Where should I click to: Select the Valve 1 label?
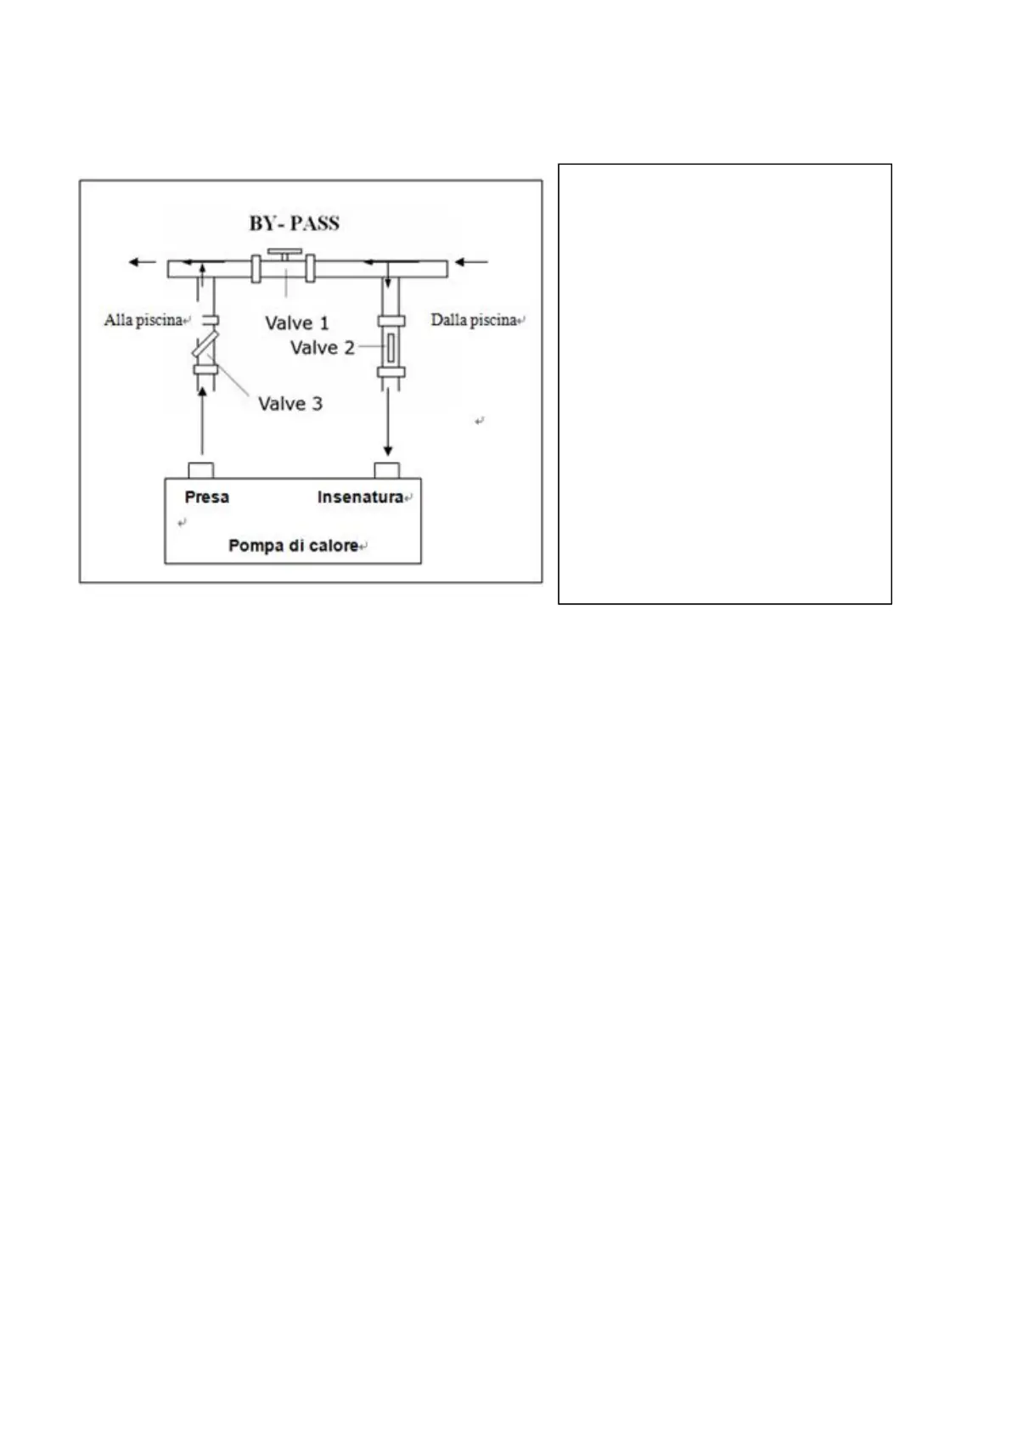[x=296, y=323]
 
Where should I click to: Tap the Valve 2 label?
[x=322, y=348]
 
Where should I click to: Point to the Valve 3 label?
[x=290, y=404]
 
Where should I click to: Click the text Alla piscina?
[x=143, y=321]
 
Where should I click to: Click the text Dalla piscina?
[x=474, y=321]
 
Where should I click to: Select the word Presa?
[x=207, y=497]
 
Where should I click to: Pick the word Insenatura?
[x=360, y=497]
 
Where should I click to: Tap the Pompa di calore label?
[x=293, y=546]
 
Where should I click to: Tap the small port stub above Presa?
[x=201, y=471]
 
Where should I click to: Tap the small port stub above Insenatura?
[x=387, y=471]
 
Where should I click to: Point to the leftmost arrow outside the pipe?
[x=142, y=262]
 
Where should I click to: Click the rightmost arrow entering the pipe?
[x=473, y=262]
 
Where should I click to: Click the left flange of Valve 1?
[x=256, y=269]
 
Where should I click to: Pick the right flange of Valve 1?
[x=312, y=269]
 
